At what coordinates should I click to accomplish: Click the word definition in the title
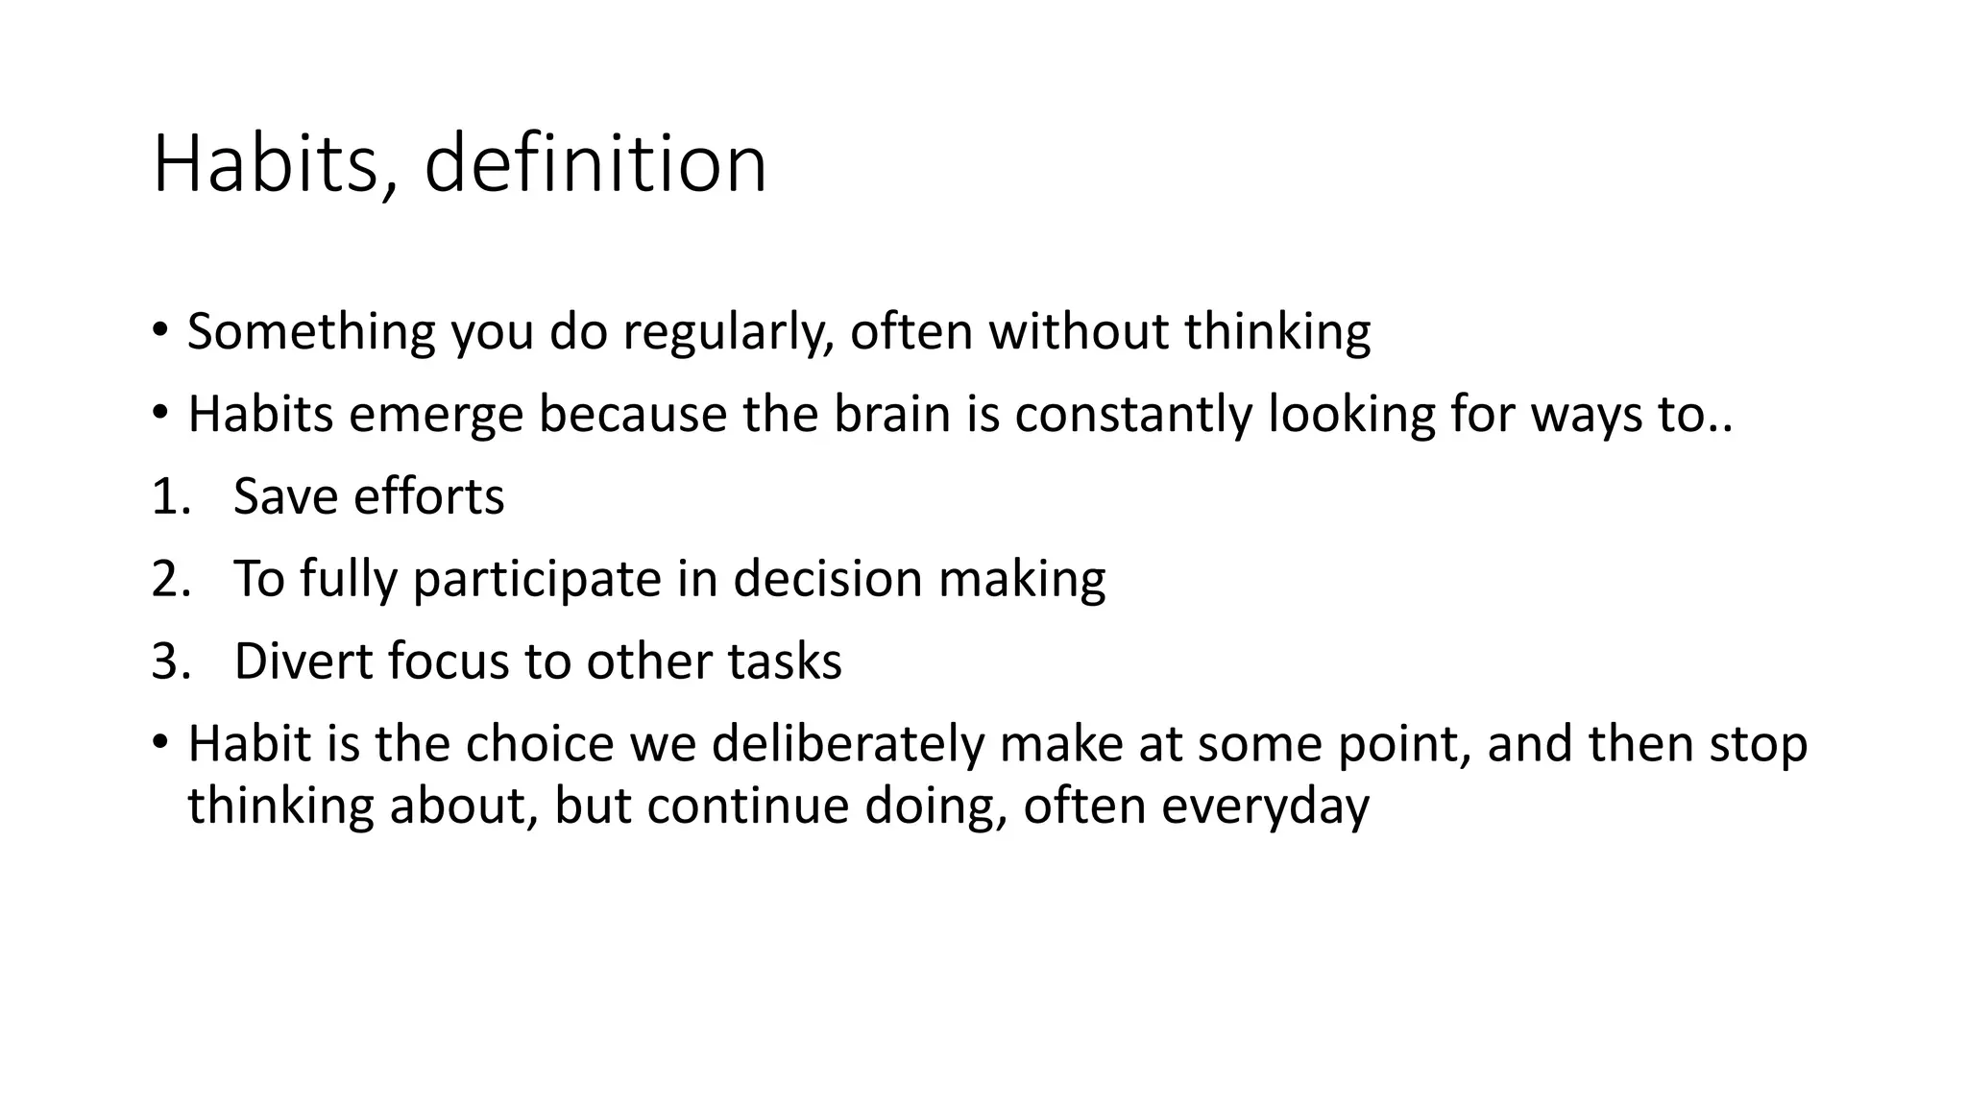(x=595, y=163)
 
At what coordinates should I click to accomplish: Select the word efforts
(x=428, y=497)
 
